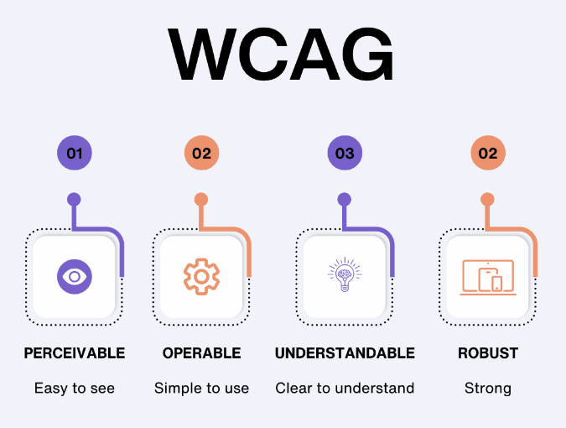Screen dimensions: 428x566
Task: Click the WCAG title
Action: [282, 55]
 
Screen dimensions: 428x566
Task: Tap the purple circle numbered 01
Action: [75, 154]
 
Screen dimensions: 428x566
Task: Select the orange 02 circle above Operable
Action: [201, 154]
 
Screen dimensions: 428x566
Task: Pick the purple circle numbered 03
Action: [345, 154]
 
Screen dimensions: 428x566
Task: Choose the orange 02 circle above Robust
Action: [488, 154]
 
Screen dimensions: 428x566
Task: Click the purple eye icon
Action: [75, 276]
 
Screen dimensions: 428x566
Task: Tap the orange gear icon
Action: [201, 276]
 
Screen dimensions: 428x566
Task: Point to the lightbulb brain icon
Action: [345, 276]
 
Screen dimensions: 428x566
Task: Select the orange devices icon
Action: [488, 276]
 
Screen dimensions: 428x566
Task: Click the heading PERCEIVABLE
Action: [75, 353]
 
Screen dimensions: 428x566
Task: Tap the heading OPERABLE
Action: [201, 353]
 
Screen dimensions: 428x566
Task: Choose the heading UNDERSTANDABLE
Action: [345, 353]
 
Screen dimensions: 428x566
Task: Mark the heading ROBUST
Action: [488, 353]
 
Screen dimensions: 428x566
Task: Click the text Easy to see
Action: [75, 388]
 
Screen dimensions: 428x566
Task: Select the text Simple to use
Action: [201, 388]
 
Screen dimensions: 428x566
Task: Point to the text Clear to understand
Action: [345, 388]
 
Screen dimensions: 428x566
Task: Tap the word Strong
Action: [488, 388]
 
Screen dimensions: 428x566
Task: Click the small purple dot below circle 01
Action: [75, 200]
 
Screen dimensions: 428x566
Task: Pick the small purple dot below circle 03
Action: [345, 200]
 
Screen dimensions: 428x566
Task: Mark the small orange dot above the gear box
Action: [201, 200]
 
